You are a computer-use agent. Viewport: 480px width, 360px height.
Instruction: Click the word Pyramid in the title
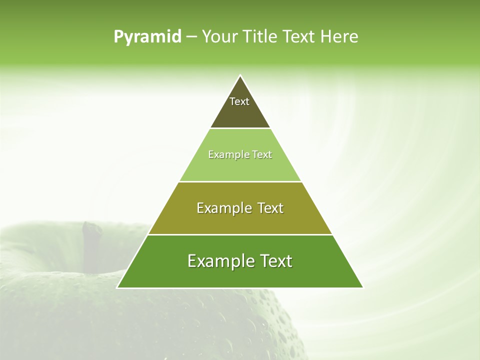click(x=147, y=36)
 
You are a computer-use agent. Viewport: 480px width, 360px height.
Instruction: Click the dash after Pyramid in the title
click(x=191, y=37)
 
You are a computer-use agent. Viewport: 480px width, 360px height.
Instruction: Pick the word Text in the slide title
click(x=301, y=36)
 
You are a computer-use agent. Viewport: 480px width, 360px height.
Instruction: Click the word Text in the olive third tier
click(x=270, y=208)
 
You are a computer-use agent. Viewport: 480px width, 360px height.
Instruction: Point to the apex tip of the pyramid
click(x=240, y=76)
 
